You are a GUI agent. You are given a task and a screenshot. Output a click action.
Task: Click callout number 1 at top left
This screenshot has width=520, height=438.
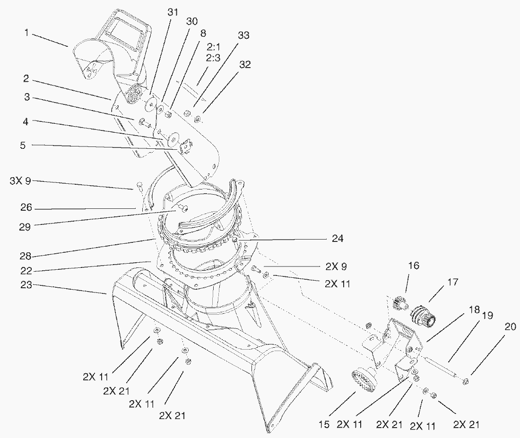[27, 33]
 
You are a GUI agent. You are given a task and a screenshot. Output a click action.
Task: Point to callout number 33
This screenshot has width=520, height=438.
[244, 36]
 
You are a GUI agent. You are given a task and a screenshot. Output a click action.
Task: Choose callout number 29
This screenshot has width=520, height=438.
[25, 227]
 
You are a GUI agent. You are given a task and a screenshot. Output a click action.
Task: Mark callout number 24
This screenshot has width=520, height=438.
[337, 239]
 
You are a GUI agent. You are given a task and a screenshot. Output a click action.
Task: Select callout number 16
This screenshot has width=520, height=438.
[414, 266]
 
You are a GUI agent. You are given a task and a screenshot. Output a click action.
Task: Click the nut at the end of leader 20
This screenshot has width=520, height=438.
[465, 381]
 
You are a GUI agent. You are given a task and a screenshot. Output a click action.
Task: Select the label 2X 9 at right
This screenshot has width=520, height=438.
[336, 266]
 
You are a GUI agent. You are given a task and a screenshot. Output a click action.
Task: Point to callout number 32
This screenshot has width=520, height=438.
[244, 65]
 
